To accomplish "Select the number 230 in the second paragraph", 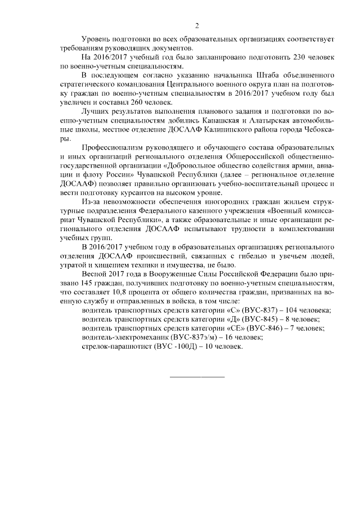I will pyautogui.click(x=292, y=57).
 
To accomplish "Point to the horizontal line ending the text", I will pyautogui.click(x=197, y=376).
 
